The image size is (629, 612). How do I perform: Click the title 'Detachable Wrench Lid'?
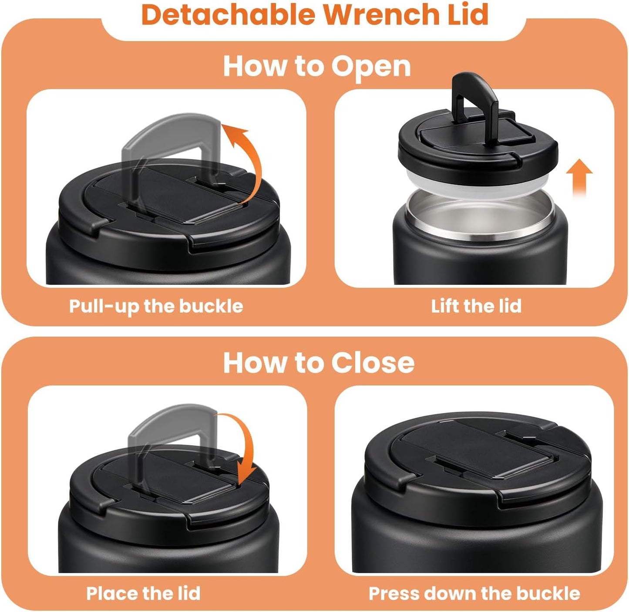point(315,15)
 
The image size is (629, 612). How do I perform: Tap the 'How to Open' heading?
point(316,66)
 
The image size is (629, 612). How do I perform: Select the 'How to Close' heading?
point(318,362)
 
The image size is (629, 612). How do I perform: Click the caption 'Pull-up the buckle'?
point(156,306)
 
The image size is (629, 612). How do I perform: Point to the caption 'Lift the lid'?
point(476,306)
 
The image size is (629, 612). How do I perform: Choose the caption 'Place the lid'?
point(143,593)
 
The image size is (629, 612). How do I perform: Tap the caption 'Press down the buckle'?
point(474,593)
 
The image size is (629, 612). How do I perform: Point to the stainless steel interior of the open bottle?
point(479,213)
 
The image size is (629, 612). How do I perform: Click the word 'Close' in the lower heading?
point(372,362)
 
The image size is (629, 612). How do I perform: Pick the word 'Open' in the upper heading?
point(370,66)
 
